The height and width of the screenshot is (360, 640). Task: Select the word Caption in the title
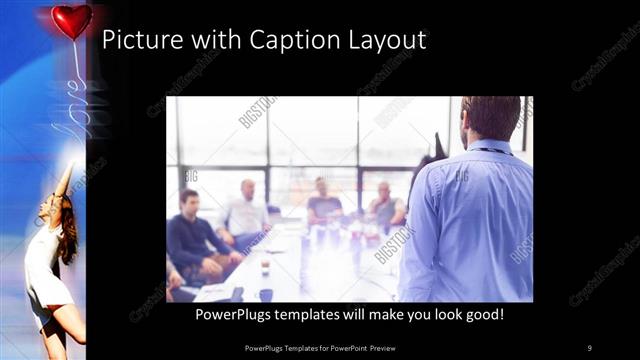(x=278, y=41)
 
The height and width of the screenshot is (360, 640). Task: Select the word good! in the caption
(x=483, y=314)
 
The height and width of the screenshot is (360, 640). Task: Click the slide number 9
(x=589, y=347)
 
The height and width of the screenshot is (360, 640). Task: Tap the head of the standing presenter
(x=490, y=118)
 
